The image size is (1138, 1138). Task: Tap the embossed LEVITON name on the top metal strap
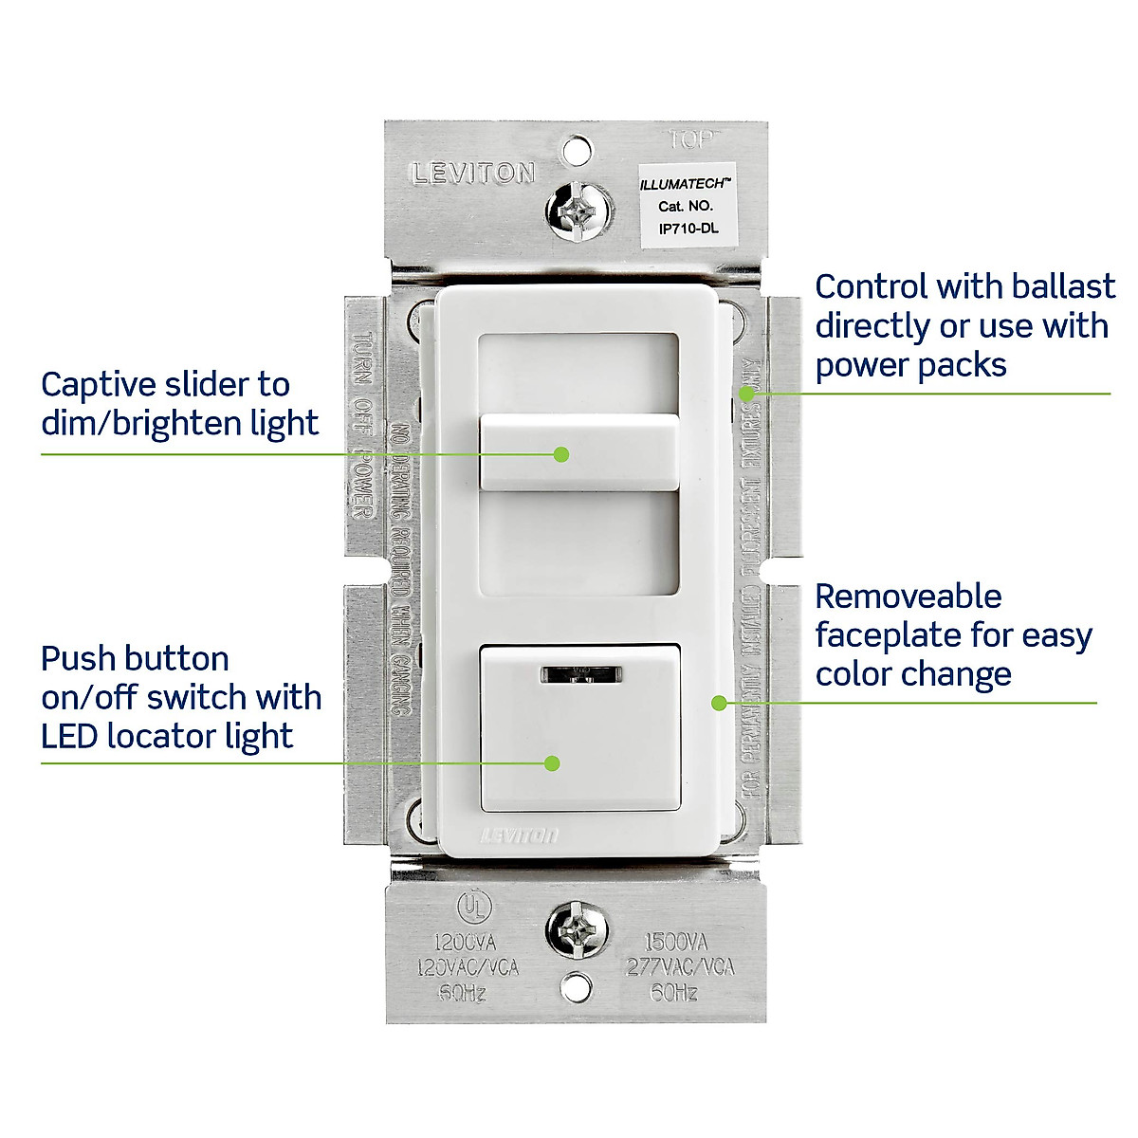473,174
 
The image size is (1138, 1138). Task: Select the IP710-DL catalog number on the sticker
688,229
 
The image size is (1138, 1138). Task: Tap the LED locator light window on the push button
580,674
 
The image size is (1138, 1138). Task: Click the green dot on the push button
552,763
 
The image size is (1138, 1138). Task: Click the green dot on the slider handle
561,454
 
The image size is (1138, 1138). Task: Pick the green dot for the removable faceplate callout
719,703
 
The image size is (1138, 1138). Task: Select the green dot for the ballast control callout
746,393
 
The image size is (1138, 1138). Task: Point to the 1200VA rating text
465,943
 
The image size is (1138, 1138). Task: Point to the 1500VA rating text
676,943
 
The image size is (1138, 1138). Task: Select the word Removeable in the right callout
908,597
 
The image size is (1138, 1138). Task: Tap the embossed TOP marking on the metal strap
695,139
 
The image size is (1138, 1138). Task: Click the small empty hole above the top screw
576,150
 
